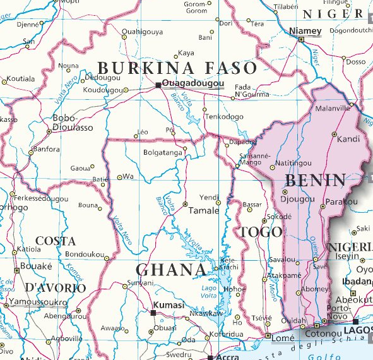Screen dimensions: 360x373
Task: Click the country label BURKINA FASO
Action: coord(177,68)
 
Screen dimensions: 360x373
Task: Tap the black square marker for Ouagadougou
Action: coord(158,84)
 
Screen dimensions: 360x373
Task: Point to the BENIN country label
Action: coord(316,181)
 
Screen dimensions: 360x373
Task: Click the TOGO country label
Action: coord(261,232)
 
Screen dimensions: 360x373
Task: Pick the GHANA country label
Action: coord(172,270)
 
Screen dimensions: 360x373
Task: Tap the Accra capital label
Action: coord(229,356)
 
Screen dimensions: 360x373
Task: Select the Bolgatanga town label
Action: coord(163,152)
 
